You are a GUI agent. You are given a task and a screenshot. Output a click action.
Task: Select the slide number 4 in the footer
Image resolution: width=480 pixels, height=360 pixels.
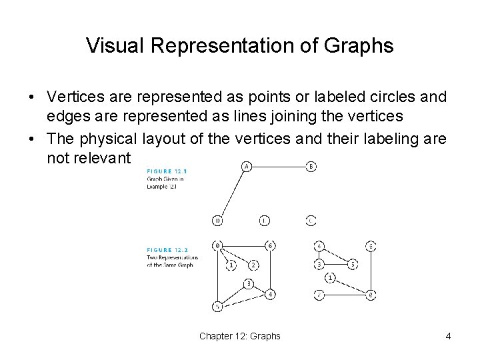pyautogui.click(x=448, y=336)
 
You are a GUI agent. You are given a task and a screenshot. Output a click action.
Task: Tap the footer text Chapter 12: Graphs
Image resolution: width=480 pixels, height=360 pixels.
pyautogui.click(x=239, y=336)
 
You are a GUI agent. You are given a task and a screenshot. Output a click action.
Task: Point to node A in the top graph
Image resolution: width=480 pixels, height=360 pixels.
pyautogui.click(x=246, y=167)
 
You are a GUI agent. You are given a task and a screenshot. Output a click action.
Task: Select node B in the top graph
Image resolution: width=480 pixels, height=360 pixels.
pyautogui.click(x=311, y=167)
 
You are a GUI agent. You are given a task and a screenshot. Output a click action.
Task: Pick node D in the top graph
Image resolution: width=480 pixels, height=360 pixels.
pyautogui.click(x=217, y=221)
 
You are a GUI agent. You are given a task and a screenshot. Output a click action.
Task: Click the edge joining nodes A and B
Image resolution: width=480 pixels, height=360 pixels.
pyautogui.click(x=278, y=167)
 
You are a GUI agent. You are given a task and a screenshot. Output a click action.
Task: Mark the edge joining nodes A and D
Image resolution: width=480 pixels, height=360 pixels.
pyautogui.click(x=232, y=193)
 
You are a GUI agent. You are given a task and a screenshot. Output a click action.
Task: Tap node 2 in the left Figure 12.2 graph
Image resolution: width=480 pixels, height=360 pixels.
pyautogui.click(x=253, y=265)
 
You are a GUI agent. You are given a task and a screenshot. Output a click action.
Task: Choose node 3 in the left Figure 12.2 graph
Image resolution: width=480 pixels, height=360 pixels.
pyautogui.click(x=248, y=284)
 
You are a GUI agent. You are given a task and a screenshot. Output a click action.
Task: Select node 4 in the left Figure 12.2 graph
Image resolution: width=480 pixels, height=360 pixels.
pyautogui.click(x=270, y=295)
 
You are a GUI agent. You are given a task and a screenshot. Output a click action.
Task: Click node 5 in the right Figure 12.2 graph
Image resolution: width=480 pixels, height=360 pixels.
pyautogui.click(x=353, y=265)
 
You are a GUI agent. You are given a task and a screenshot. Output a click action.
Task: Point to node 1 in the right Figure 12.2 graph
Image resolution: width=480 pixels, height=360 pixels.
pyautogui.click(x=331, y=278)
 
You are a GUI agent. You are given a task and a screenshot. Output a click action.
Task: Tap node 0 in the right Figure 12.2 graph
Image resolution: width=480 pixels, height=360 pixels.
pyautogui.click(x=370, y=295)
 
